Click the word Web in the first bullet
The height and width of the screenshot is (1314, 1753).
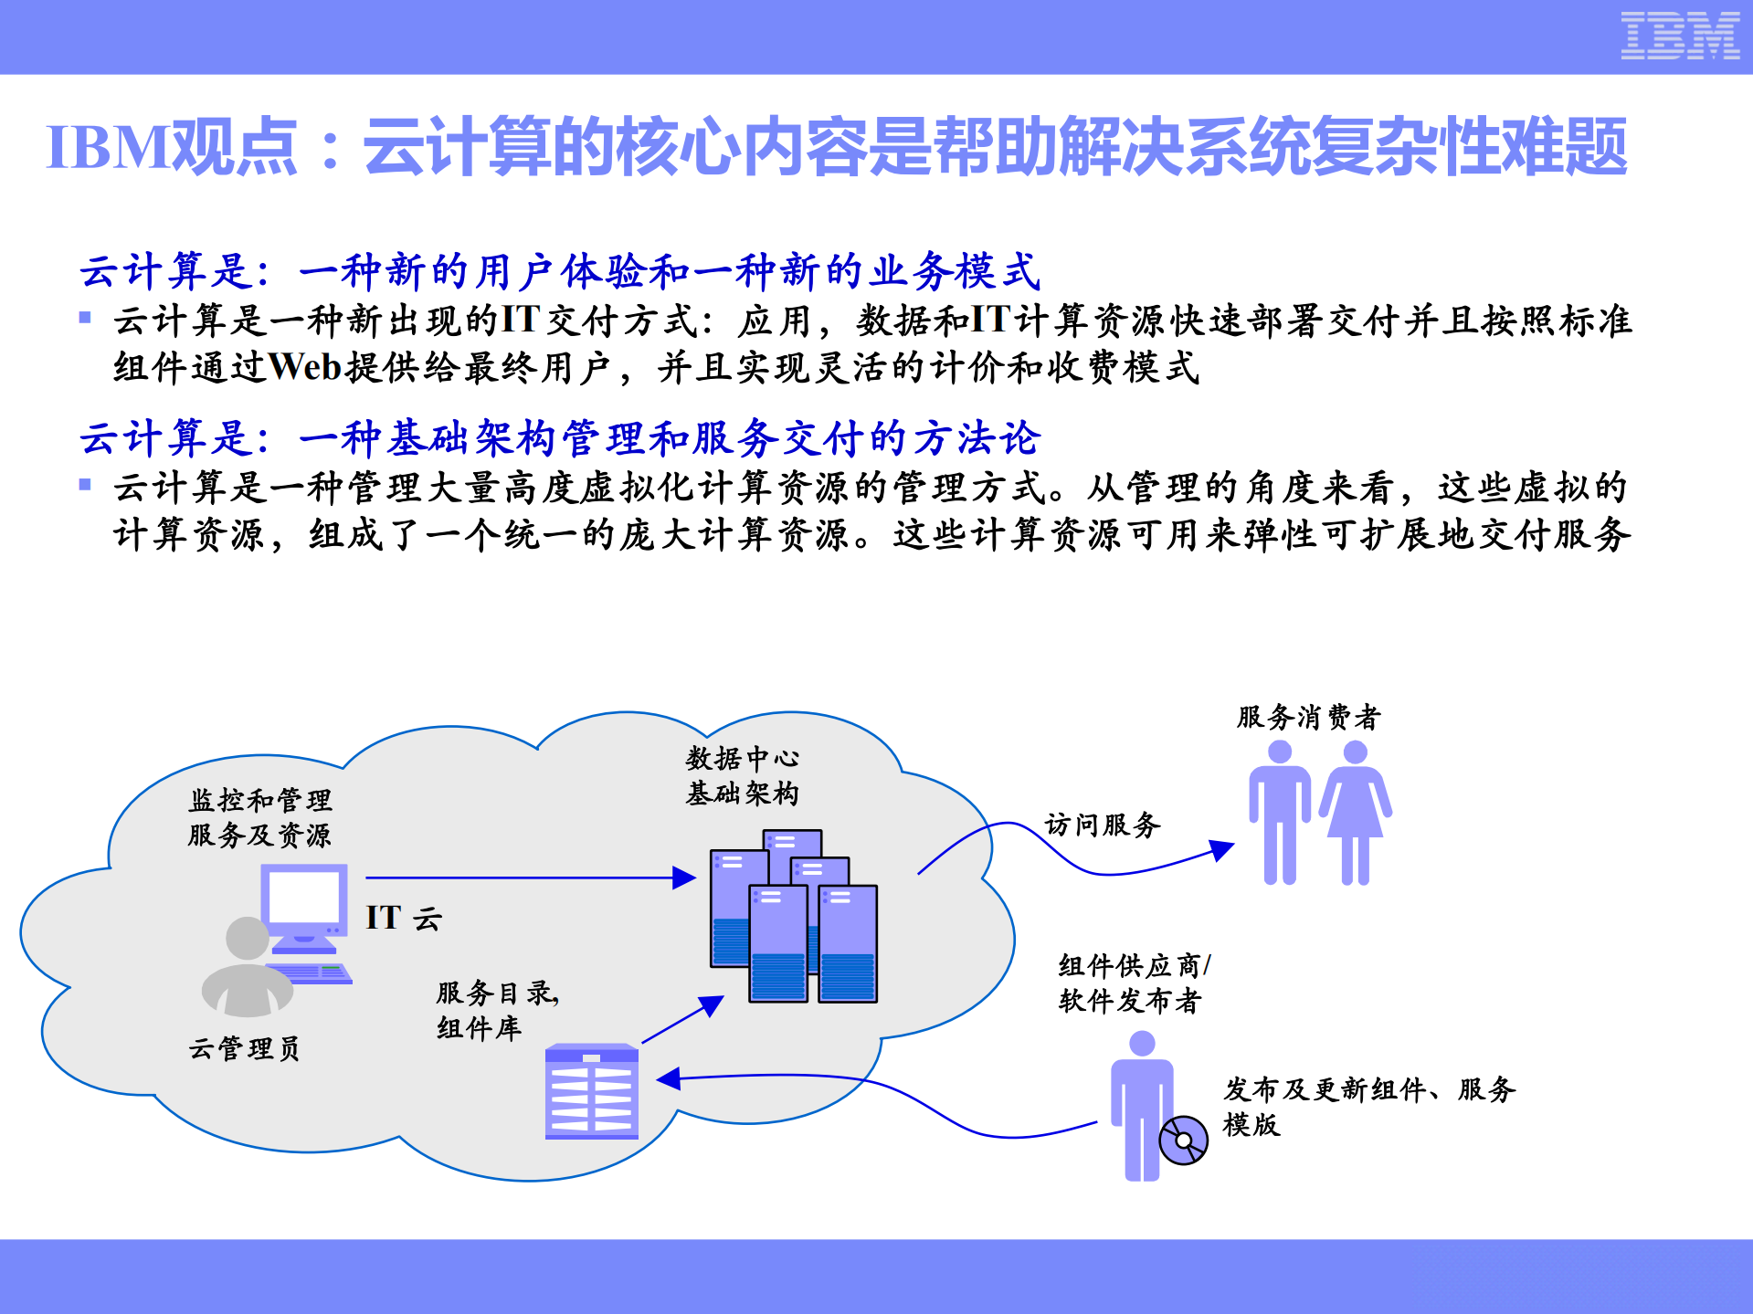click(x=304, y=368)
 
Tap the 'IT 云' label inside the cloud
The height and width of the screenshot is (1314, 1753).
click(x=403, y=918)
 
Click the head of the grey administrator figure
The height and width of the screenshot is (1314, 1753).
click(x=248, y=939)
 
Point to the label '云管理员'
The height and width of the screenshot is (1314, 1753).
click(x=244, y=1048)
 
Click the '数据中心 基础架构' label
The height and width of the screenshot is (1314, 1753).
click(x=742, y=775)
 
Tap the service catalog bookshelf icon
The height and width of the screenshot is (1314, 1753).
click(x=591, y=1091)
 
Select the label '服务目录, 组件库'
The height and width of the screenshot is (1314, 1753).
click(x=497, y=1010)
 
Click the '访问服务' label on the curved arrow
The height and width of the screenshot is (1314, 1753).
click(x=1103, y=825)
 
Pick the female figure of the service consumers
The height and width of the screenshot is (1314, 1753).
click(x=1355, y=812)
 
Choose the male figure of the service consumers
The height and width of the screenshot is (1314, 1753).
click(x=1280, y=812)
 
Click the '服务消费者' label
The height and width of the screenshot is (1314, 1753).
click(x=1308, y=718)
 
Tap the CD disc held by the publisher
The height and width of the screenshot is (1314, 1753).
click(x=1183, y=1141)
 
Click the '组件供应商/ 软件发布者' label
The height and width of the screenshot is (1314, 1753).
click(x=1134, y=983)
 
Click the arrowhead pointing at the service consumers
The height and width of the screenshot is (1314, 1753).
click(x=1221, y=850)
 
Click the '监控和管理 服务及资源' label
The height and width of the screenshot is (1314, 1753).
click(x=260, y=818)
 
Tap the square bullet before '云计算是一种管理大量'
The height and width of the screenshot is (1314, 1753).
click(x=85, y=485)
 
